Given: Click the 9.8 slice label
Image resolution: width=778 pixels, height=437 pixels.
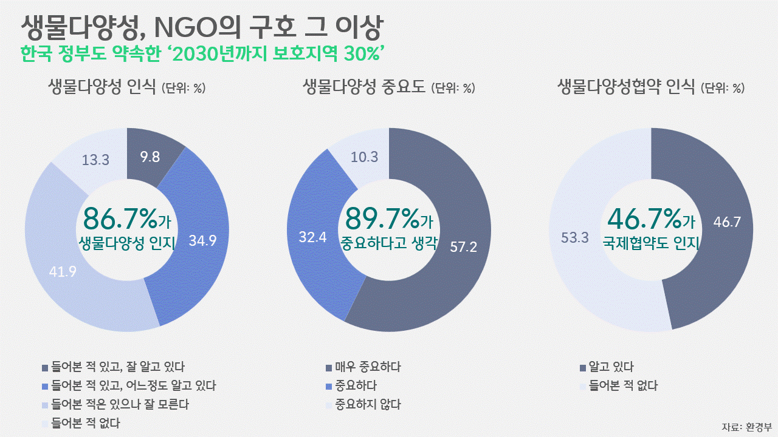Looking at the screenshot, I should (x=150, y=157).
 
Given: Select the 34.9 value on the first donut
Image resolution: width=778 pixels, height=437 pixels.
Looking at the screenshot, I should (x=202, y=240).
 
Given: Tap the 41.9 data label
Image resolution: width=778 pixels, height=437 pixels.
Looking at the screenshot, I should (x=63, y=272).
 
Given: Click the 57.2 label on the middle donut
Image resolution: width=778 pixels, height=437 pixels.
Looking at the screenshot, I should (x=463, y=246).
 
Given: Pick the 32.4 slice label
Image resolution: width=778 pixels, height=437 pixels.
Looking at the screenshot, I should (x=314, y=237).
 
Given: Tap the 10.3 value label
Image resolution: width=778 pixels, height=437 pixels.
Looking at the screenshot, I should (x=365, y=157).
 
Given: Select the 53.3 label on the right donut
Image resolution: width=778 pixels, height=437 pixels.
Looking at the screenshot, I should (x=575, y=237).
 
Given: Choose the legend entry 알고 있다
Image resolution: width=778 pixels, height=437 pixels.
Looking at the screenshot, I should (x=611, y=367).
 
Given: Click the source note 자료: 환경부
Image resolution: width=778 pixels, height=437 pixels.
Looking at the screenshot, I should (x=745, y=426).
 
